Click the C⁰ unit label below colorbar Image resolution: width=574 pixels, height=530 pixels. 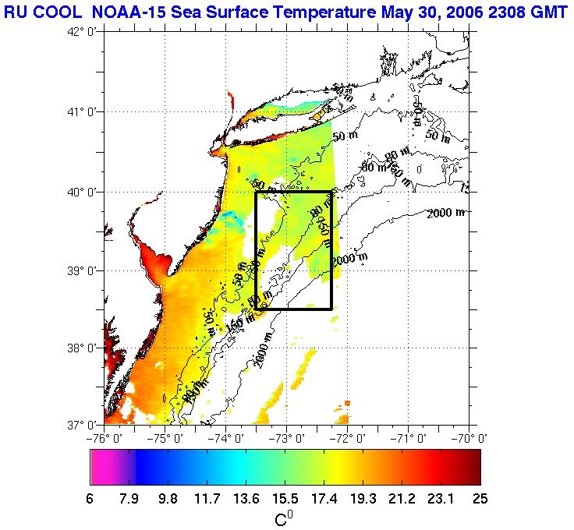click(285, 518)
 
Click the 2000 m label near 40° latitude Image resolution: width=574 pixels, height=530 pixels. click(447, 212)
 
